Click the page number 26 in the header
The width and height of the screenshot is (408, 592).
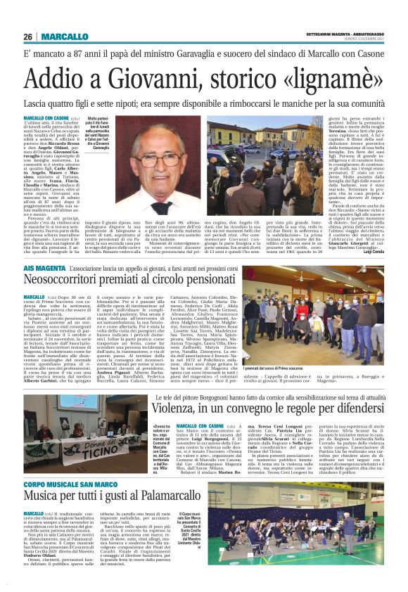click(27, 37)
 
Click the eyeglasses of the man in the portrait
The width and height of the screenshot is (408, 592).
click(164, 159)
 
